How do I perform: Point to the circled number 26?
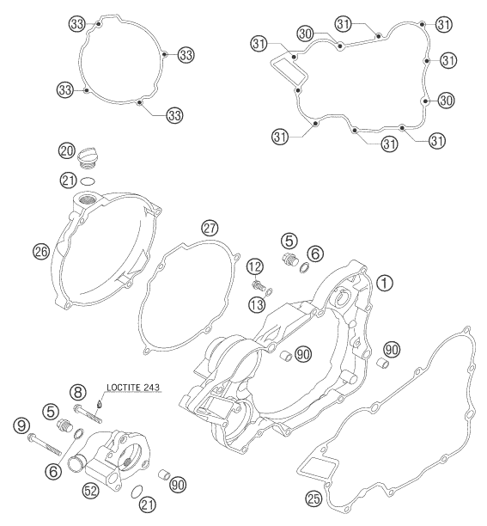(x=40, y=251)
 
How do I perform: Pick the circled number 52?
(x=89, y=491)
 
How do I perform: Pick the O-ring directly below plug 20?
(x=88, y=182)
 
